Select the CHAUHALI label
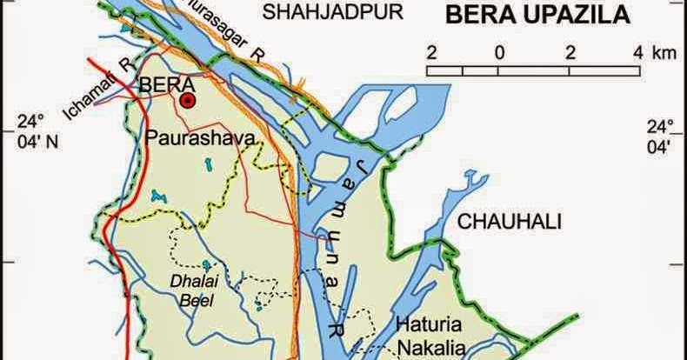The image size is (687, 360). tap(510, 221)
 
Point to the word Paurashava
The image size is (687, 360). tap(192, 138)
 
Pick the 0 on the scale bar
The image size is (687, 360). tap(499, 51)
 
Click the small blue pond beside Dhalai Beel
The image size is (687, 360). tap(206, 264)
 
